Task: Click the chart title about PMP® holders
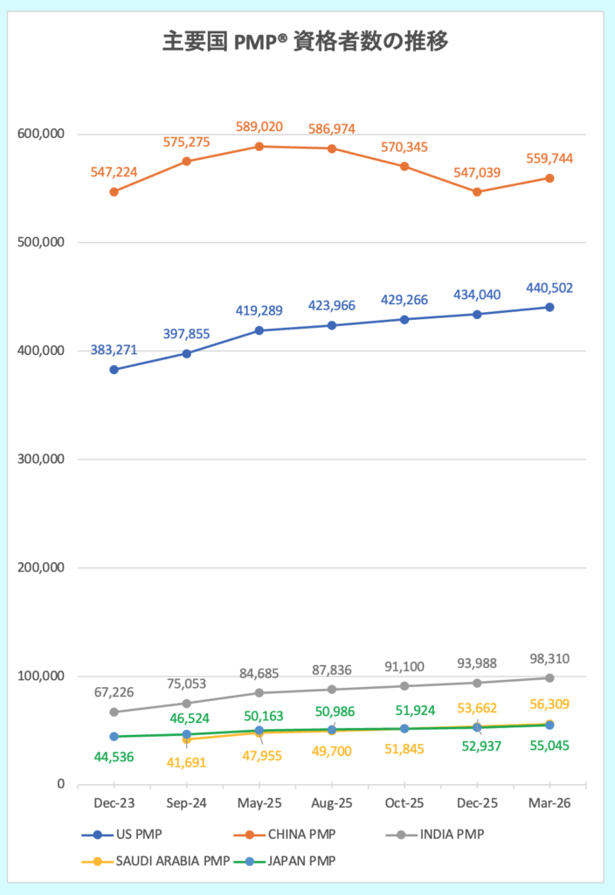coord(307,41)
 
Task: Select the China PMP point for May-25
coord(259,146)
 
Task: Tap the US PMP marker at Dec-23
coord(114,370)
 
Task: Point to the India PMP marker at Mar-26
coord(549,677)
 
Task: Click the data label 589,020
coord(259,127)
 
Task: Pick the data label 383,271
coord(114,350)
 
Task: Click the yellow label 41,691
coord(187,761)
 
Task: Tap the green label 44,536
coord(114,756)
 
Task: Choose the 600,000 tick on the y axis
coord(42,134)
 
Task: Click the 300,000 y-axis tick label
coord(42,459)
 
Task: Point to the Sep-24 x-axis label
coord(186,803)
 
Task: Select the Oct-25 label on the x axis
coord(404,803)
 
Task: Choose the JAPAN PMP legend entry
coord(294,861)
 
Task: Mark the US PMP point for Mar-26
coord(549,307)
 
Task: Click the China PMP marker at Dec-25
coord(477,191)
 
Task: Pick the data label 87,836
coord(332,670)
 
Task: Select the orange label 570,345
coord(404,147)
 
